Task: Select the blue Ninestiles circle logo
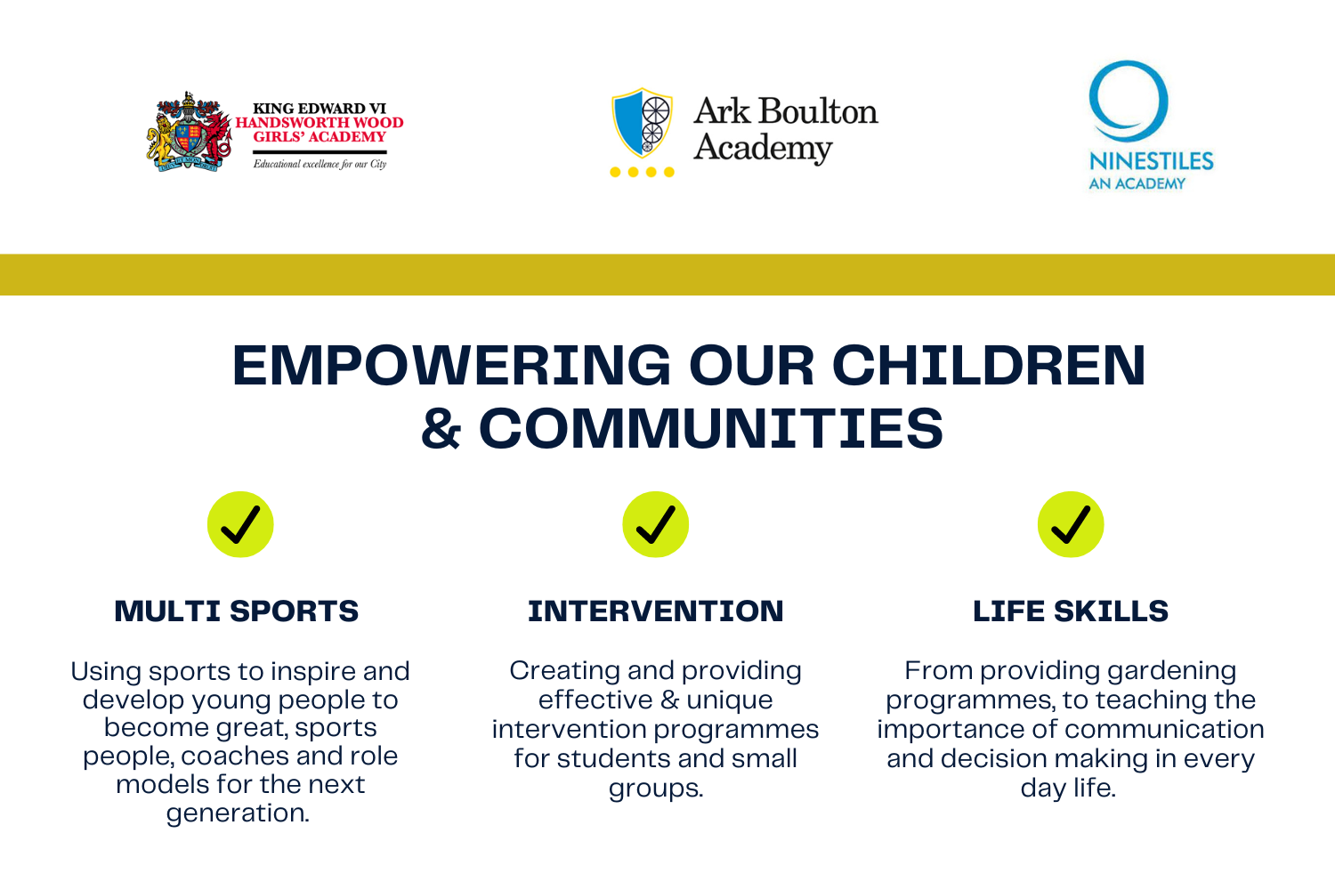1129,100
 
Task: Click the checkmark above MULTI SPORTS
240,524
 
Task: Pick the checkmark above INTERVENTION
655,524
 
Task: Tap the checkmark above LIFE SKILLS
1071,524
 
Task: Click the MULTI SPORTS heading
237,611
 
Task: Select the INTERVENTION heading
656,611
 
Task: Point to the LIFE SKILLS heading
1071,611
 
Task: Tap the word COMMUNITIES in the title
710,428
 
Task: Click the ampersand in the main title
441,429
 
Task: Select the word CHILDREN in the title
988,366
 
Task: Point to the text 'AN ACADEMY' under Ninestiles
1137,184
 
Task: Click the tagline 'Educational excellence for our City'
320,164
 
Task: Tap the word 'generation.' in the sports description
238,813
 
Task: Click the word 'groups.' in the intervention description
656,789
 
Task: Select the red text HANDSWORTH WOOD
320,123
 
